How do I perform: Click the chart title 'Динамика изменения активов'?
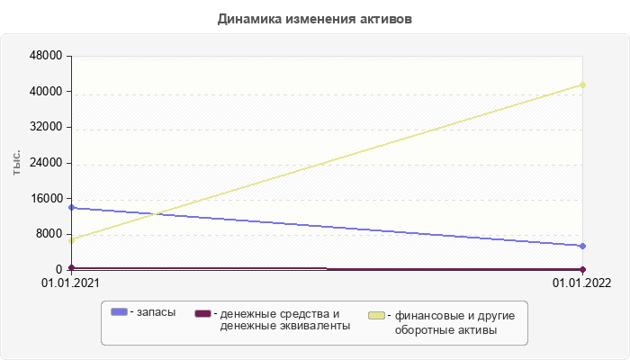(315, 19)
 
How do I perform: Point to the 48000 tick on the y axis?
(46, 56)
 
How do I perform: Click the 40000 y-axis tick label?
(46, 92)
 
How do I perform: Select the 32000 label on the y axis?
(46, 128)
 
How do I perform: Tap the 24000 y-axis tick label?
(46, 164)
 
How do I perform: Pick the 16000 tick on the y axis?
(46, 200)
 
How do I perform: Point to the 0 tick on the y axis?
(59, 270)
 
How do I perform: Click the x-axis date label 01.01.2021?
(71, 283)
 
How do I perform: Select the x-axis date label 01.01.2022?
(582, 283)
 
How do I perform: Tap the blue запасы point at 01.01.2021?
(71, 208)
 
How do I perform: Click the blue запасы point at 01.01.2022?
(583, 246)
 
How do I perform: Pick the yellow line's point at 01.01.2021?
(71, 240)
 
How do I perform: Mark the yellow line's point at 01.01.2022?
(583, 85)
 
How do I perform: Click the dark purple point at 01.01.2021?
(71, 267)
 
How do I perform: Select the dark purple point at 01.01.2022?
(583, 269)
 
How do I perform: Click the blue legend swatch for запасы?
(119, 311)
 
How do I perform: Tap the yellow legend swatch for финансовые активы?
(376, 315)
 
